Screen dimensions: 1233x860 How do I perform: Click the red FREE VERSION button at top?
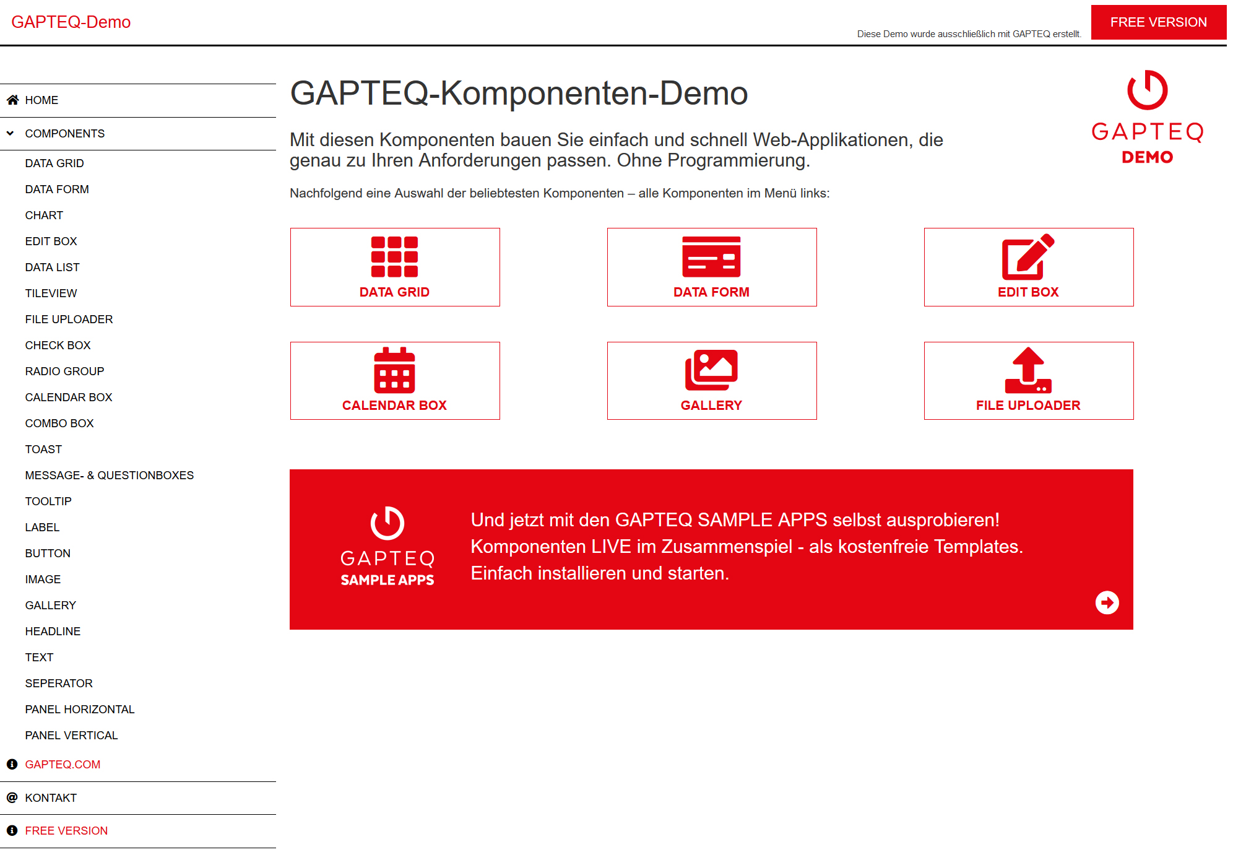coord(1158,22)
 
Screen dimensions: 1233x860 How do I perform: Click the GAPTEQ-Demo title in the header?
coord(71,22)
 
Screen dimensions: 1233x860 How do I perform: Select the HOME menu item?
coord(41,100)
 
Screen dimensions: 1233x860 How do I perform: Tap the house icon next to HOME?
coord(12,100)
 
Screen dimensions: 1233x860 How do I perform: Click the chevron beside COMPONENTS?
coord(11,133)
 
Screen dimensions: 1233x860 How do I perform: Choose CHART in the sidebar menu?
coord(44,215)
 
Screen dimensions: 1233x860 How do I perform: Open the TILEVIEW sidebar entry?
coord(51,293)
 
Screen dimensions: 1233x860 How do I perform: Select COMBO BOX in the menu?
coord(59,423)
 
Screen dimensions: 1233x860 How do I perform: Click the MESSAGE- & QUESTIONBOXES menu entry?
coord(110,476)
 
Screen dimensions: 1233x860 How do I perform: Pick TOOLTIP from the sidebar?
coord(48,502)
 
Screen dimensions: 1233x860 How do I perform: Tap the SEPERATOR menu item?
coord(59,684)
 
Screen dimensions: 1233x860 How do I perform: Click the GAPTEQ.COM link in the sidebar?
coord(63,765)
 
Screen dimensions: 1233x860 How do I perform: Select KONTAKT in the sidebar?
coord(51,798)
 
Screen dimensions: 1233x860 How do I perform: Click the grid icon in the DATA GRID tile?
coord(394,257)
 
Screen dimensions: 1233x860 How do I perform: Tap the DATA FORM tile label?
coord(711,292)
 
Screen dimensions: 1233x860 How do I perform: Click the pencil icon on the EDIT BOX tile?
coord(1028,257)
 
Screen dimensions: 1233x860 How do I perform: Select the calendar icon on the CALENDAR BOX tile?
coord(394,370)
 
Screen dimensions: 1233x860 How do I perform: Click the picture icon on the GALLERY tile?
coord(711,370)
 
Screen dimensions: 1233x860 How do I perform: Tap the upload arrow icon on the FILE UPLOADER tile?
coord(1028,370)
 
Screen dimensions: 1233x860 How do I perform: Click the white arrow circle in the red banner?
coord(1107,602)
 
